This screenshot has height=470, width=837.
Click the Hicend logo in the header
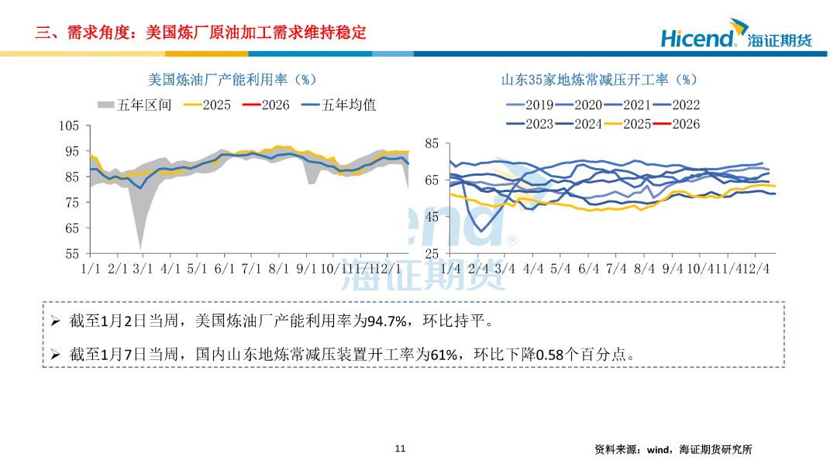(x=735, y=36)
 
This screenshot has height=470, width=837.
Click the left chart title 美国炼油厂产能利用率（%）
(x=232, y=80)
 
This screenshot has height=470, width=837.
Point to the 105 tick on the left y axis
(x=70, y=126)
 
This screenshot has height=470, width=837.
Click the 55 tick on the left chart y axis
(x=73, y=253)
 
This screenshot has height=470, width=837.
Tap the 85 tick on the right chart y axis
(x=432, y=144)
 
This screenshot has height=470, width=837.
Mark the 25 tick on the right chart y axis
(x=432, y=253)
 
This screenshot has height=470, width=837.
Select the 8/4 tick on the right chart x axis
(x=645, y=269)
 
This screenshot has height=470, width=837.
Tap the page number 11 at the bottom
(x=400, y=448)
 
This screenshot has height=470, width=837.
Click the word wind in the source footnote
(x=657, y=449)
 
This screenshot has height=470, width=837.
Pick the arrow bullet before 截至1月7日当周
(x=55, y=355)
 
